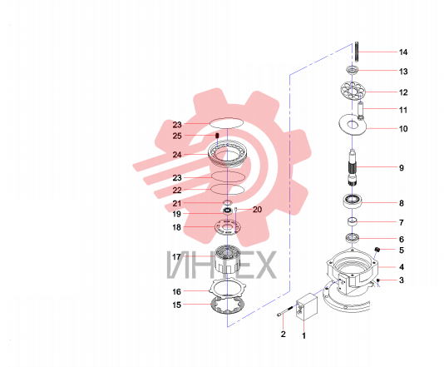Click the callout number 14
tap(403, 52)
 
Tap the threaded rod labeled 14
tap(357, 52)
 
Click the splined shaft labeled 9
tap(352, 167)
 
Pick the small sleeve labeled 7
tap(353, 221)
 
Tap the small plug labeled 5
tap(377, 250)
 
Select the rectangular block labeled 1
tap(306, 307)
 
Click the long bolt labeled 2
tap(287, 311)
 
